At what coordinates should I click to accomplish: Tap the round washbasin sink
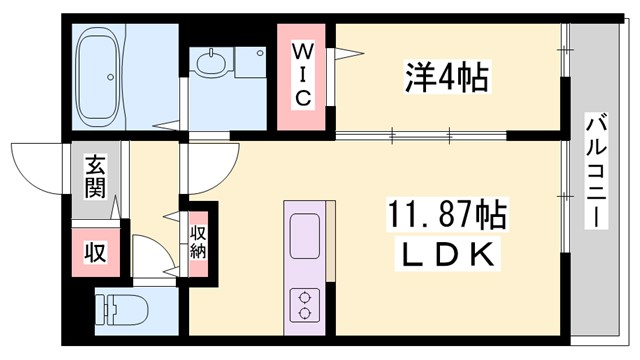(211, 66)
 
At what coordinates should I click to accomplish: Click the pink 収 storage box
(95, 252)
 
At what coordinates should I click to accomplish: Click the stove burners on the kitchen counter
(303, 302)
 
